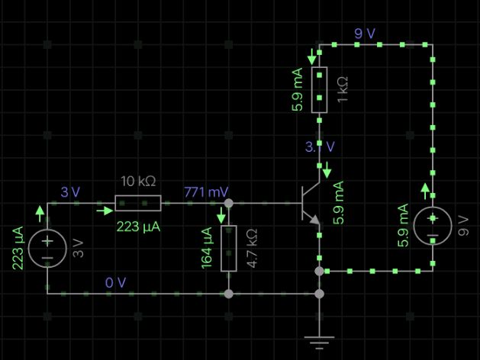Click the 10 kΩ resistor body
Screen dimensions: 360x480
pos(138,203)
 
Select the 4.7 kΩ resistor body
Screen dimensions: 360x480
pos(228,249)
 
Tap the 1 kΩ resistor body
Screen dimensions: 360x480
pos(319,90)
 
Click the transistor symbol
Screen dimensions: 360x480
pos(310,204)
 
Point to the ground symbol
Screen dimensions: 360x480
pos(319,340)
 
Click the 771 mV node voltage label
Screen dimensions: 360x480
pos(206,191)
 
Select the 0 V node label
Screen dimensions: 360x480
pos(115,282)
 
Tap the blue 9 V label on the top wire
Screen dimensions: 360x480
pos(365,34)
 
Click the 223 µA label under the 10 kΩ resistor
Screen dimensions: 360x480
pos(137,227)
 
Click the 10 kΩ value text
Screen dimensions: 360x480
pos(138,182)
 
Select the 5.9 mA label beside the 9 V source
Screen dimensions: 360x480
pos(404,226)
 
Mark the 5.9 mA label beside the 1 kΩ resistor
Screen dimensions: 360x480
pos(297,90)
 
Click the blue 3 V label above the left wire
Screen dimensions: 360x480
pos(69,191)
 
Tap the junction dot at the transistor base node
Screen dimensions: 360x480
pos(228,204)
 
